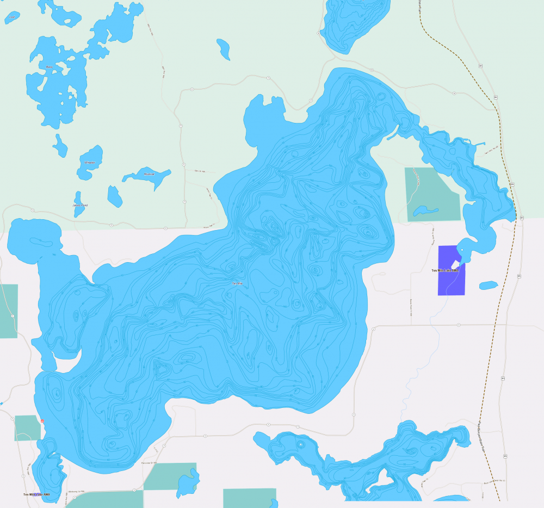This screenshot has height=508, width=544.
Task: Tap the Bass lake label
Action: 50,67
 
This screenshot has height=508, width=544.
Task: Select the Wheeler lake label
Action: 90,163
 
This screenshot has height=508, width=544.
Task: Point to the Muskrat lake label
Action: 149,174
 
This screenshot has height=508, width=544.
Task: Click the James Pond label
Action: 80,205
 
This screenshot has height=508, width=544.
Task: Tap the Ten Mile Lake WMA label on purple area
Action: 445,270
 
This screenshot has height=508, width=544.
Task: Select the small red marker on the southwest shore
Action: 41,422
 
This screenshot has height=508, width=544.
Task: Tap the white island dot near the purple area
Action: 462,250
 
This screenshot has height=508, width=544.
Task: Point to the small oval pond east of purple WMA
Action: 488,285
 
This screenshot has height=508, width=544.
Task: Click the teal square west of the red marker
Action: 27,428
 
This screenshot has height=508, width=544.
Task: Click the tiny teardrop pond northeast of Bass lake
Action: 224,48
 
